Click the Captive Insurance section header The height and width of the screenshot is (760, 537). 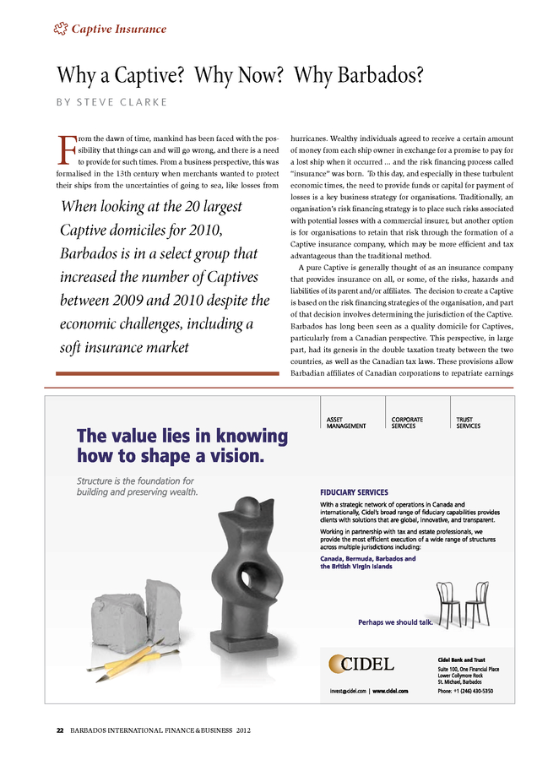pos(117,30)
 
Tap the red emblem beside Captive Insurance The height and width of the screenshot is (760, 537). pos(59,30)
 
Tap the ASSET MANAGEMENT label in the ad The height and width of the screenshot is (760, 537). pos(346,422)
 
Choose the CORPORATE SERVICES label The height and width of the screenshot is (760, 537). pos(409,422)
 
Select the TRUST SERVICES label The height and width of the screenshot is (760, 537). pos(468,422)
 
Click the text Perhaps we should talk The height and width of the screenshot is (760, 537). pos(395,622)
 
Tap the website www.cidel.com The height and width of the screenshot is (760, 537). pos(390,692)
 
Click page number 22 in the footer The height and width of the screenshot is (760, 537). pos(60,730)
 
